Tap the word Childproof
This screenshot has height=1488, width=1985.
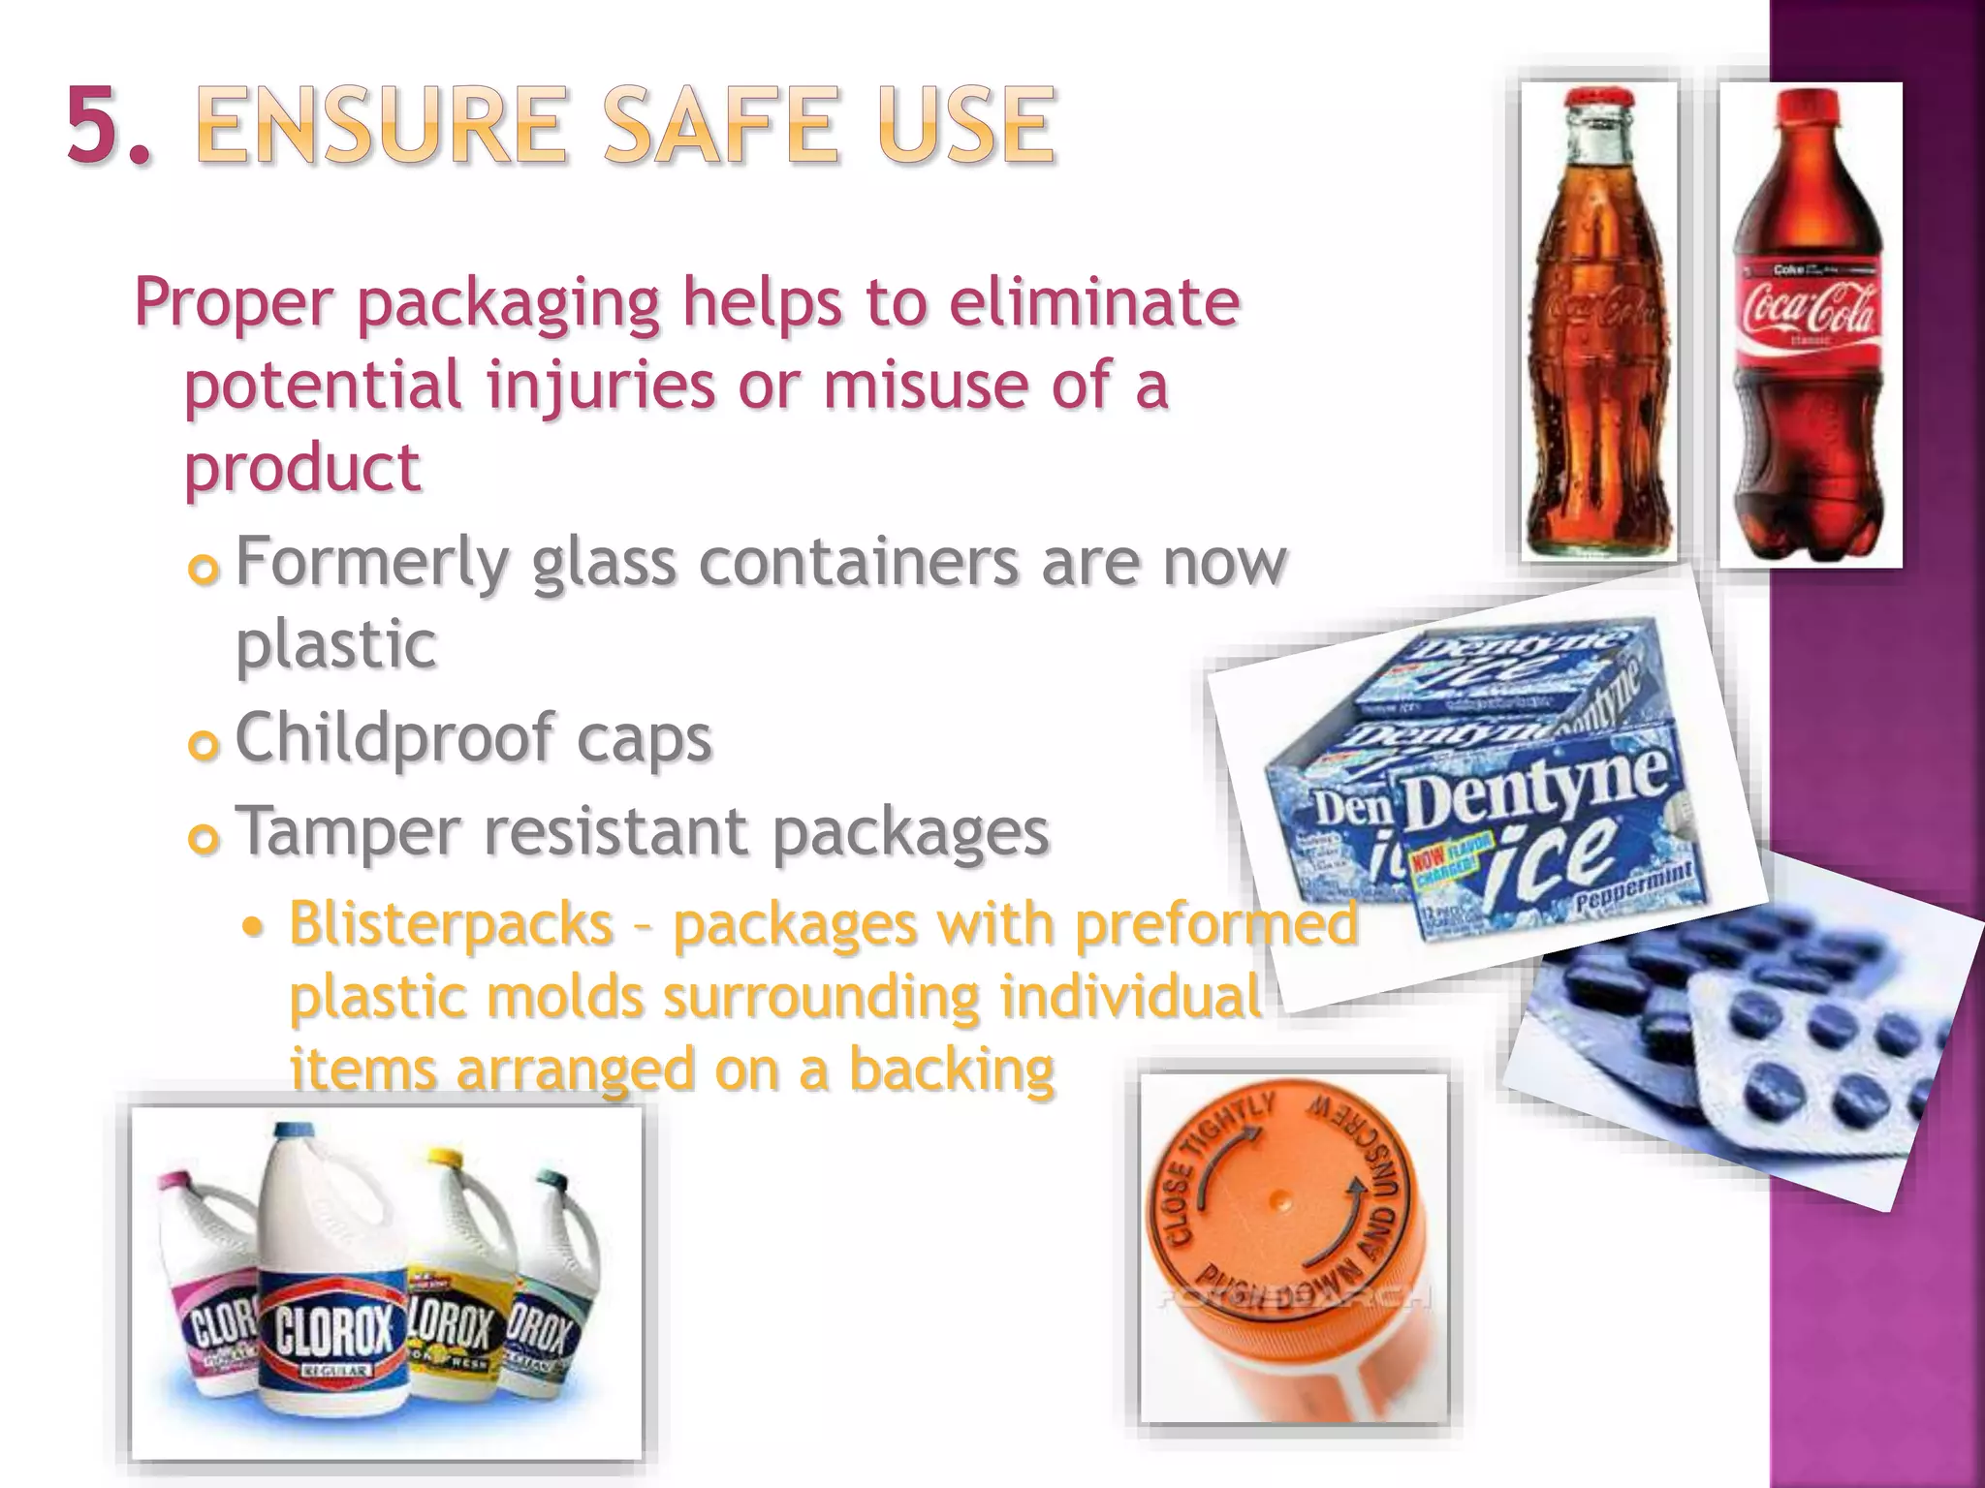[x=394, y=739]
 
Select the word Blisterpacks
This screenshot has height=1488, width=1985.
[x=451, y=923]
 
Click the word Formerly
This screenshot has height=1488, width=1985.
[x=371, y=563]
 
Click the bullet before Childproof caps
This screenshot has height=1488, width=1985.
[x=204, y=746]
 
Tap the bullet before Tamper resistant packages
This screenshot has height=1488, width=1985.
[x=204, y=839]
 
